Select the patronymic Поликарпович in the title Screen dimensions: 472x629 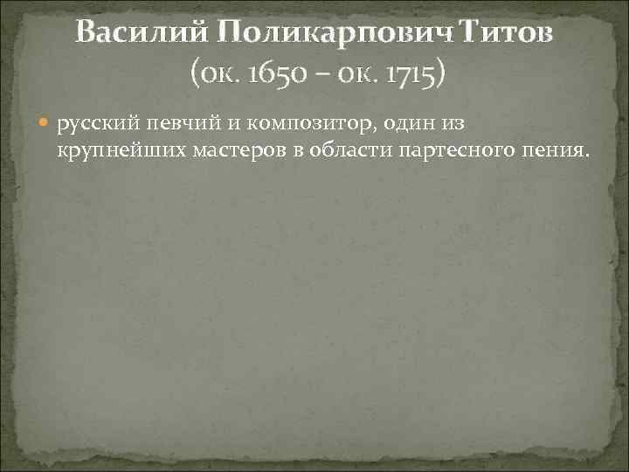point(323,34)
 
